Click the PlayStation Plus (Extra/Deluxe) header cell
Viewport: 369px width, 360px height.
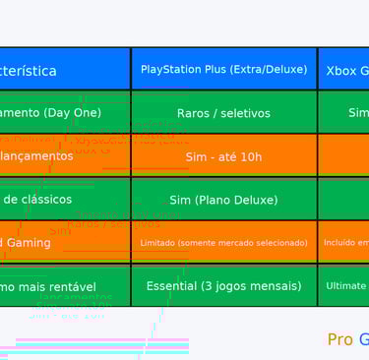[x=223, y=69]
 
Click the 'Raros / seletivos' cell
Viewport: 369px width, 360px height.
[x=223, y=113]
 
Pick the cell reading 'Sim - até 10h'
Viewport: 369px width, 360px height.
[x=223, y=156]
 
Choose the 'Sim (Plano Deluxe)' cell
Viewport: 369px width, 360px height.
[x=223, y=200]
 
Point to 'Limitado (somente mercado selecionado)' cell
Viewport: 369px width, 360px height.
[x=223, y=242]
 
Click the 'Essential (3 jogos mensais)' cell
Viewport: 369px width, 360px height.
[x=223, y=285]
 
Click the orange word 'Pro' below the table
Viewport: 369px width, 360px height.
[x=339, y=339]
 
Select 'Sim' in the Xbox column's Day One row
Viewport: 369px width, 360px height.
[x=358, y=113]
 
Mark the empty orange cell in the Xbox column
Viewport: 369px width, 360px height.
[x=343, y=155]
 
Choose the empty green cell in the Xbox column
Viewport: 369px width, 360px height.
[x=343, y=199]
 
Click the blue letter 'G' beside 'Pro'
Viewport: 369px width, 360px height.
[x=363, y=339]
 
